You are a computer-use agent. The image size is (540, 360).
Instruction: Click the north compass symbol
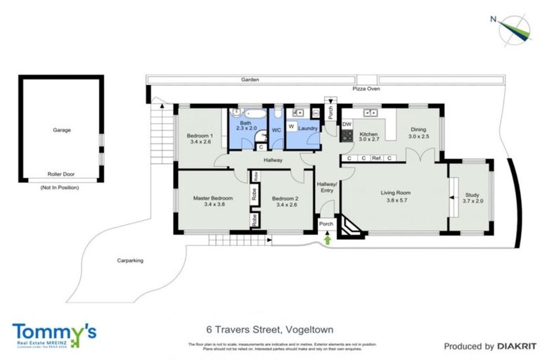click(513, 30)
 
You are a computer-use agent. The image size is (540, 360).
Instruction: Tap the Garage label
click(62, 130)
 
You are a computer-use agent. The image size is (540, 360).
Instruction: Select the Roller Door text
click(61, 174)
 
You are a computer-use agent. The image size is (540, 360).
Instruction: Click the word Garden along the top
click(250, 81)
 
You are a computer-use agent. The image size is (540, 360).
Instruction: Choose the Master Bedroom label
click(213, 198)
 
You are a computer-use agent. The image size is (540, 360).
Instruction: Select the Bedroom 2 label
click(285, 198)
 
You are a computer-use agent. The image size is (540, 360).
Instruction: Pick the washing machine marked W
click(291, 127)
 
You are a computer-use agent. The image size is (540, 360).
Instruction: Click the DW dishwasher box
click(347, 124)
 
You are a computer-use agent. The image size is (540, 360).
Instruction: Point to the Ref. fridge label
click(377, 159)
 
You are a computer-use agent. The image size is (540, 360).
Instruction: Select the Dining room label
click(418, 129)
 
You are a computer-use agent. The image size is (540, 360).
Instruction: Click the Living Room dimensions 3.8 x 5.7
click(396, 200)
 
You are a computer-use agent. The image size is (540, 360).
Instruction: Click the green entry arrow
click(327, 240)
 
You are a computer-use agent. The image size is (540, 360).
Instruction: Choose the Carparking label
click(130, 260)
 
